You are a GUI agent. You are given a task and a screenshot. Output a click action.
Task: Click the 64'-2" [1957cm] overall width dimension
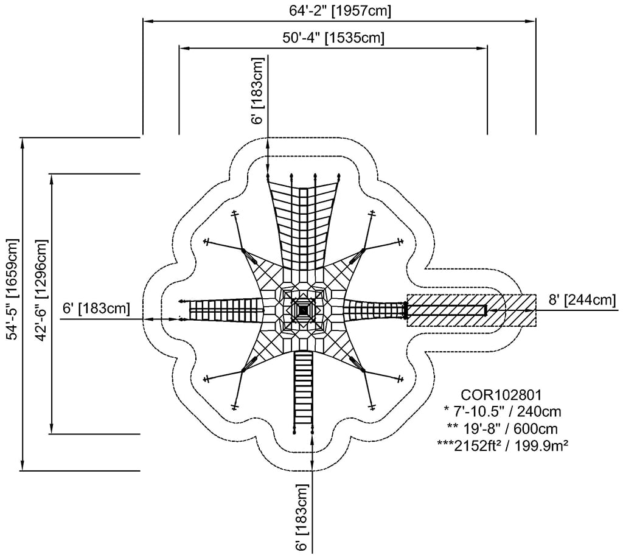(339, 11)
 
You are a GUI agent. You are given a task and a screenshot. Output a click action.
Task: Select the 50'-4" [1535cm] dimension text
(333, 38)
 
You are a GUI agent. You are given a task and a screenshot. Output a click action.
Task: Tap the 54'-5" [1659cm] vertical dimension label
(13, 290)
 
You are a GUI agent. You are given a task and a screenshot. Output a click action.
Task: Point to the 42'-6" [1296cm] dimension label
(41, 290)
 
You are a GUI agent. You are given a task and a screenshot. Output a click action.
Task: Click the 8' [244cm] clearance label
(582, 299)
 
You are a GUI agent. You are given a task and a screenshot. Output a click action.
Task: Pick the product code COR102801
(501, 395)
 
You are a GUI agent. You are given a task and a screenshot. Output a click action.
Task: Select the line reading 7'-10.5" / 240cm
(502, 411)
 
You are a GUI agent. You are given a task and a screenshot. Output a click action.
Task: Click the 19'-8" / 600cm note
(502, 428)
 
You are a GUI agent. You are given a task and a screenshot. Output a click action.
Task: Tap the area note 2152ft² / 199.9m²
(502, 445)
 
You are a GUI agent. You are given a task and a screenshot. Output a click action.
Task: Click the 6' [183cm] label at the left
(97, 308)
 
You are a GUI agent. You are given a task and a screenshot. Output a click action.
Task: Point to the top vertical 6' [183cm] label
(258, 91)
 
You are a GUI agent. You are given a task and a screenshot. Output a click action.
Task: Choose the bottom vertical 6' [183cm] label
(302, 517)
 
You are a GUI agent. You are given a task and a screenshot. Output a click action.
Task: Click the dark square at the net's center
(303, 309)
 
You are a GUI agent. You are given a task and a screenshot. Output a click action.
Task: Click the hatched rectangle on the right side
(472, 310)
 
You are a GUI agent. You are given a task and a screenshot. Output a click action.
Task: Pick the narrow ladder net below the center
(303, 391)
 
